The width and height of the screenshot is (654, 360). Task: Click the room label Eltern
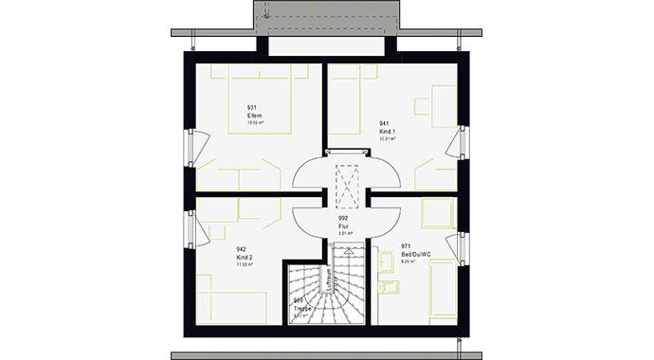(253, 116)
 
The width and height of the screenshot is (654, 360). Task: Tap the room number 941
(385, 123)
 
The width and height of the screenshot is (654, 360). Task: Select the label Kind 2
(244, 257)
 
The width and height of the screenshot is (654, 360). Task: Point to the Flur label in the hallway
(343, 225)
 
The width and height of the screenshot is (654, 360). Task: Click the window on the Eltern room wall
(189, 150)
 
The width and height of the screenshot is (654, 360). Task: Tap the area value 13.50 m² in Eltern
(253, 123)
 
